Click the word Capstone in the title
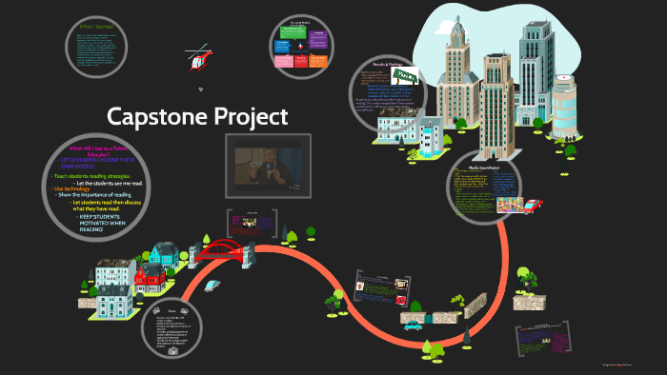pyautogui.click(x=153, y=117)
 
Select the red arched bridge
pyautogui.click(x=225, y=250)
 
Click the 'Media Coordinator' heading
pyautogui.click(x=483, y=167)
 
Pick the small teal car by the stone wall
pyautogui.click(x=412, y=325)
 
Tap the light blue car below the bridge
pyautogui.click(x=212, y=285)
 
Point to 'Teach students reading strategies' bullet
pyautogui.click(x=91, y=176)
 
